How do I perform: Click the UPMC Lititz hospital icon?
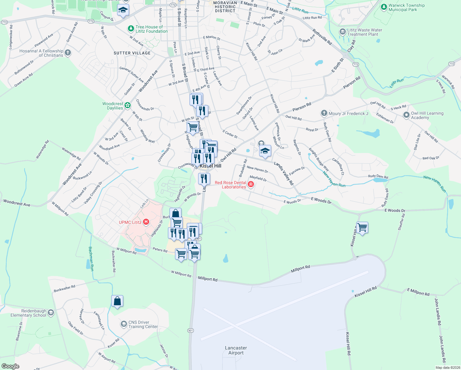click(x=146, y=222)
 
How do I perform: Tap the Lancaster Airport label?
click(x=236, y=350)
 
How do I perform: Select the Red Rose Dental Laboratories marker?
click(x=251, y=184)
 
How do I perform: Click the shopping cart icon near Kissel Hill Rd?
click(x=362, y=228)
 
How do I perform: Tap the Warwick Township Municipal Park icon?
click(x=384, y=7)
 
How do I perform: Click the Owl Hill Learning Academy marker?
click(x=406, y=115)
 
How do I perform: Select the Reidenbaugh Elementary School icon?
click(x=51, y=313)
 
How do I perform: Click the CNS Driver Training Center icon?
click(x=124, y=324)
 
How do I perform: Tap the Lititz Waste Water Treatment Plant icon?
click(x=342, y=32)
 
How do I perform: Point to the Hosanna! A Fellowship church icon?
click(x=68, y=53)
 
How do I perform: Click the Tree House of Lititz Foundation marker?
click(x=131, y=29)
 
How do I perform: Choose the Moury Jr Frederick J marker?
click(x=324, y=113)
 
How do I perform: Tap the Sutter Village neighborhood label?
click(x=132, y=53)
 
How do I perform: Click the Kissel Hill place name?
click(x=210, y=166)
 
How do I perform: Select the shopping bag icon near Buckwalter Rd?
click(x=117, y=301)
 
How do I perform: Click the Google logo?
click(x=10, y=366)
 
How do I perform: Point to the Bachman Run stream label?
click(x=91, y=259)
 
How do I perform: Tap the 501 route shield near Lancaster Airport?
click(x=190, y=331)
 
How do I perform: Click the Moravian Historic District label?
click(x=225, y=7)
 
